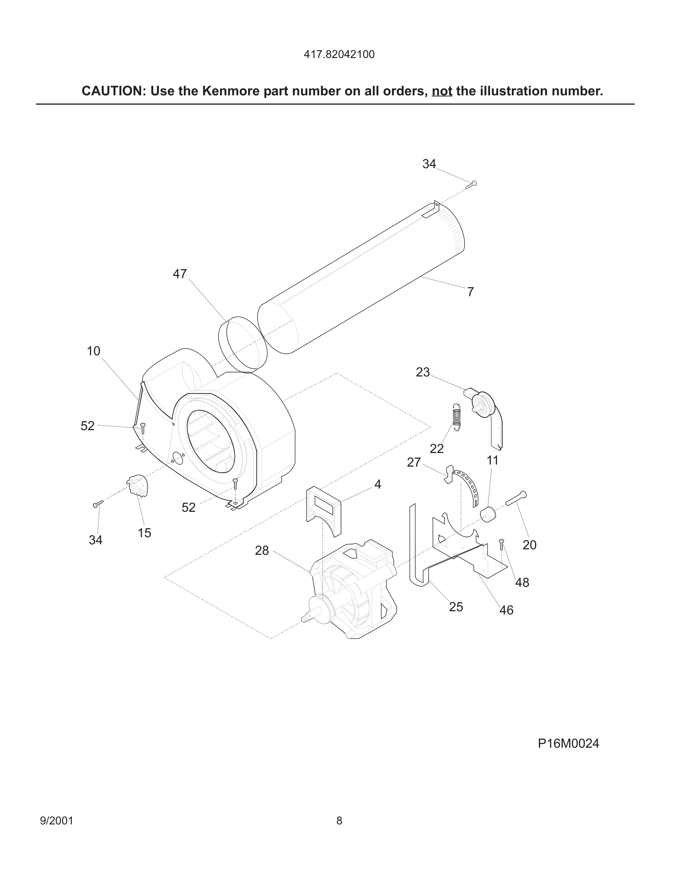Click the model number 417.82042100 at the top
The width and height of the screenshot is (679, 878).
point(339,54)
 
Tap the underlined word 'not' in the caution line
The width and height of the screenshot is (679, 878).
point(442,91)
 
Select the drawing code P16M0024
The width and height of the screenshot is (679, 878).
point(568,744)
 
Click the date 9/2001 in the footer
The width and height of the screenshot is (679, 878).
point(57,820)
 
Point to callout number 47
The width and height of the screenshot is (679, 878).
point(180,274)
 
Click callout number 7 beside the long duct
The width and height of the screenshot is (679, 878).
point(470,292)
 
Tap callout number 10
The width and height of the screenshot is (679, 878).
point(93,351)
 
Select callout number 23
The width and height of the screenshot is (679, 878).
point(423,372)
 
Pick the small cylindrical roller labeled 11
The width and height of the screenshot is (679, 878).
point(488,515)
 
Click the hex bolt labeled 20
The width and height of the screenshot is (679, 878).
point(516,498)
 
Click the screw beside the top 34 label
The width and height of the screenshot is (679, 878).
point(471,185)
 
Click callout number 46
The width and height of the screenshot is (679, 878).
point(506,610)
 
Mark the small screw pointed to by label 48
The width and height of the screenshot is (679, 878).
point(501,545)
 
